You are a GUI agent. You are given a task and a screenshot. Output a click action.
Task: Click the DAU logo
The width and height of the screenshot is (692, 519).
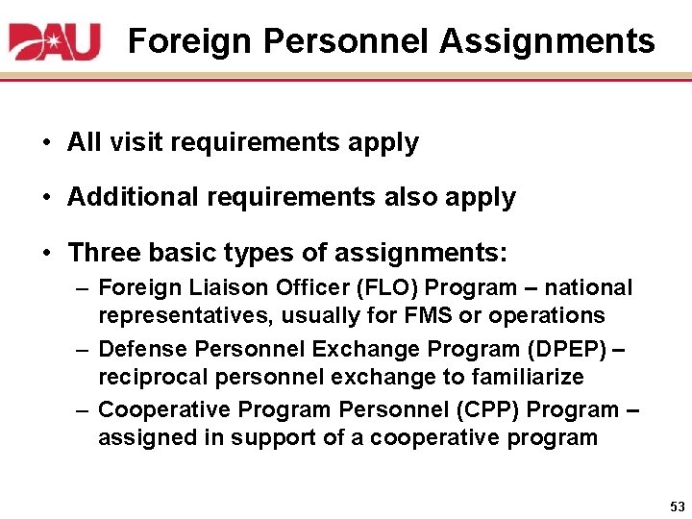[55, 41]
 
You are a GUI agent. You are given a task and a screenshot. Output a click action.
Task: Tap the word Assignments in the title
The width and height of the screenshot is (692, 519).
[548, 41]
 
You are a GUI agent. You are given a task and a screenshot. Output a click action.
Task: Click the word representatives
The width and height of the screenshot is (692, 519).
[174, 316]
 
